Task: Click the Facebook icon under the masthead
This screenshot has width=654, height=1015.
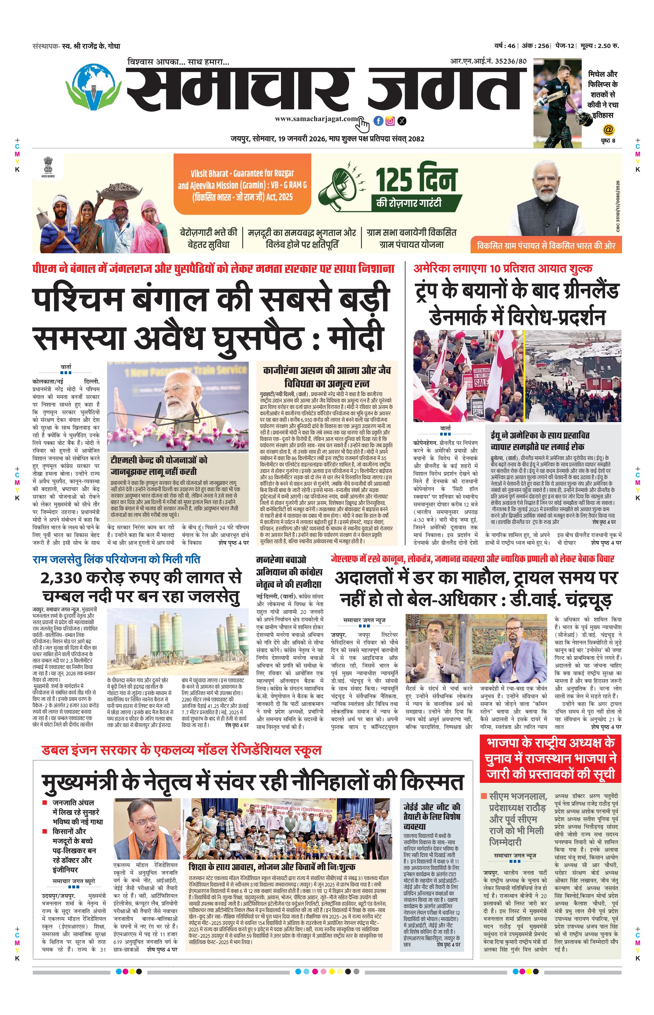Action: click(378, 121)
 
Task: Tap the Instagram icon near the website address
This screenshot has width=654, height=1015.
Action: click(390, 121)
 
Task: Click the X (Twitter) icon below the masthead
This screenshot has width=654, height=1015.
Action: click(401, 121)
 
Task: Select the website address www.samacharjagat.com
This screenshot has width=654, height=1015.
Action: click(315, 119)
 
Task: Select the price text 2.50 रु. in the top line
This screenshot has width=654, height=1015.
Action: click(608, 45)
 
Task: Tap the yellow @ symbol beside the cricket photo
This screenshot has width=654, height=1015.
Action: click(608, 129)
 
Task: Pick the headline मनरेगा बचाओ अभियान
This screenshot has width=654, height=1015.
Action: click(289, 571)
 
